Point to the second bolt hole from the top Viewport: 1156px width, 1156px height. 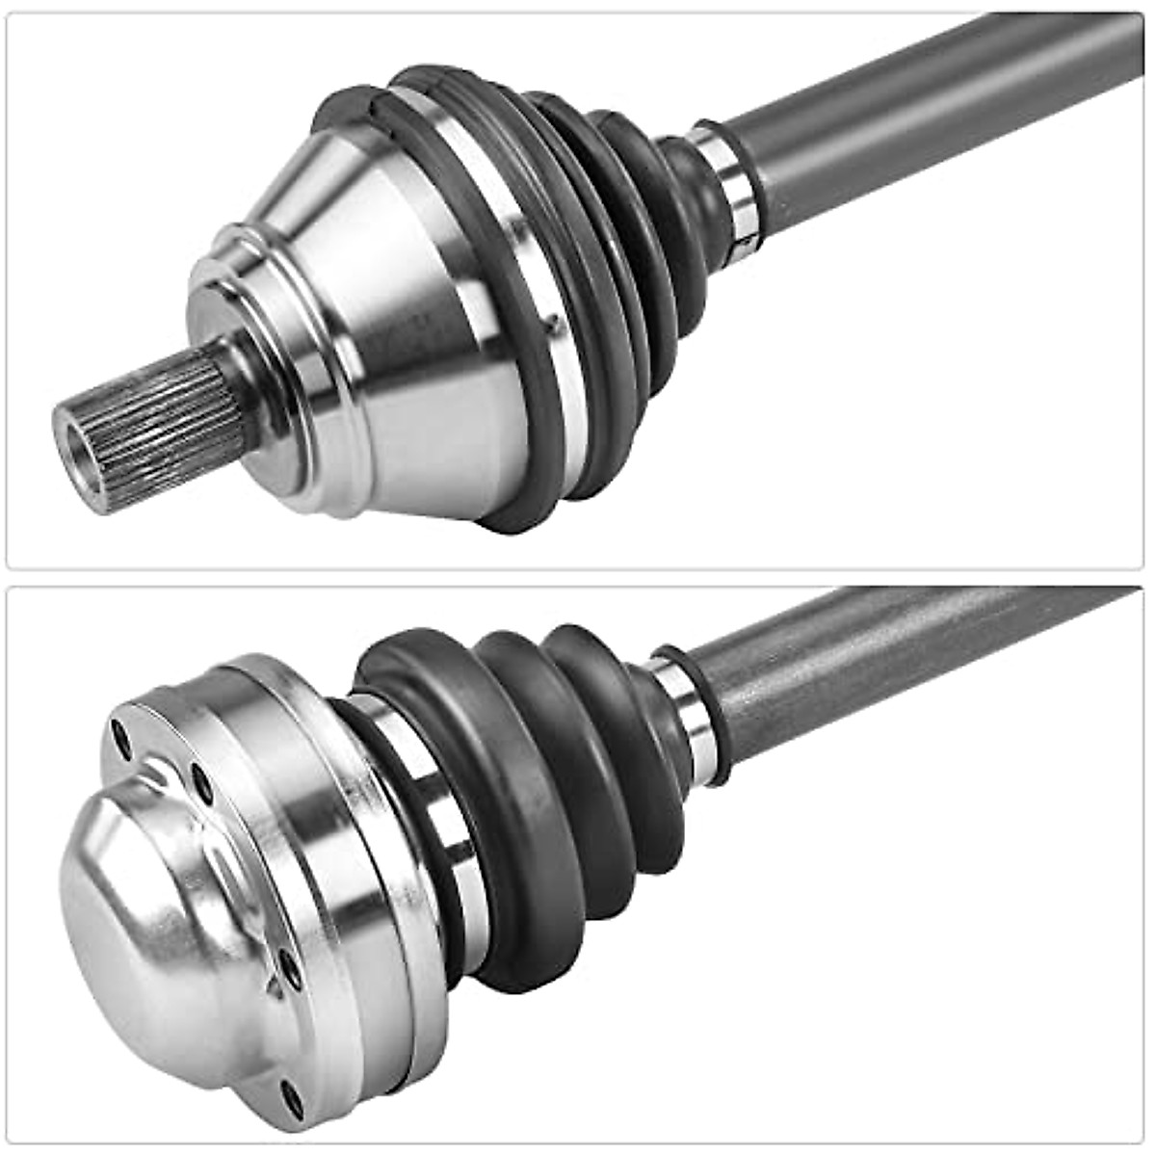pyautogui.click(x=201, y=781)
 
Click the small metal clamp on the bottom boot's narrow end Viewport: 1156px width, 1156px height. pyautogui.click(x=686, y=718)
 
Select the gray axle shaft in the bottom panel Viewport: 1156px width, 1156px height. pyautogui.click(x=915, y=655)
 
